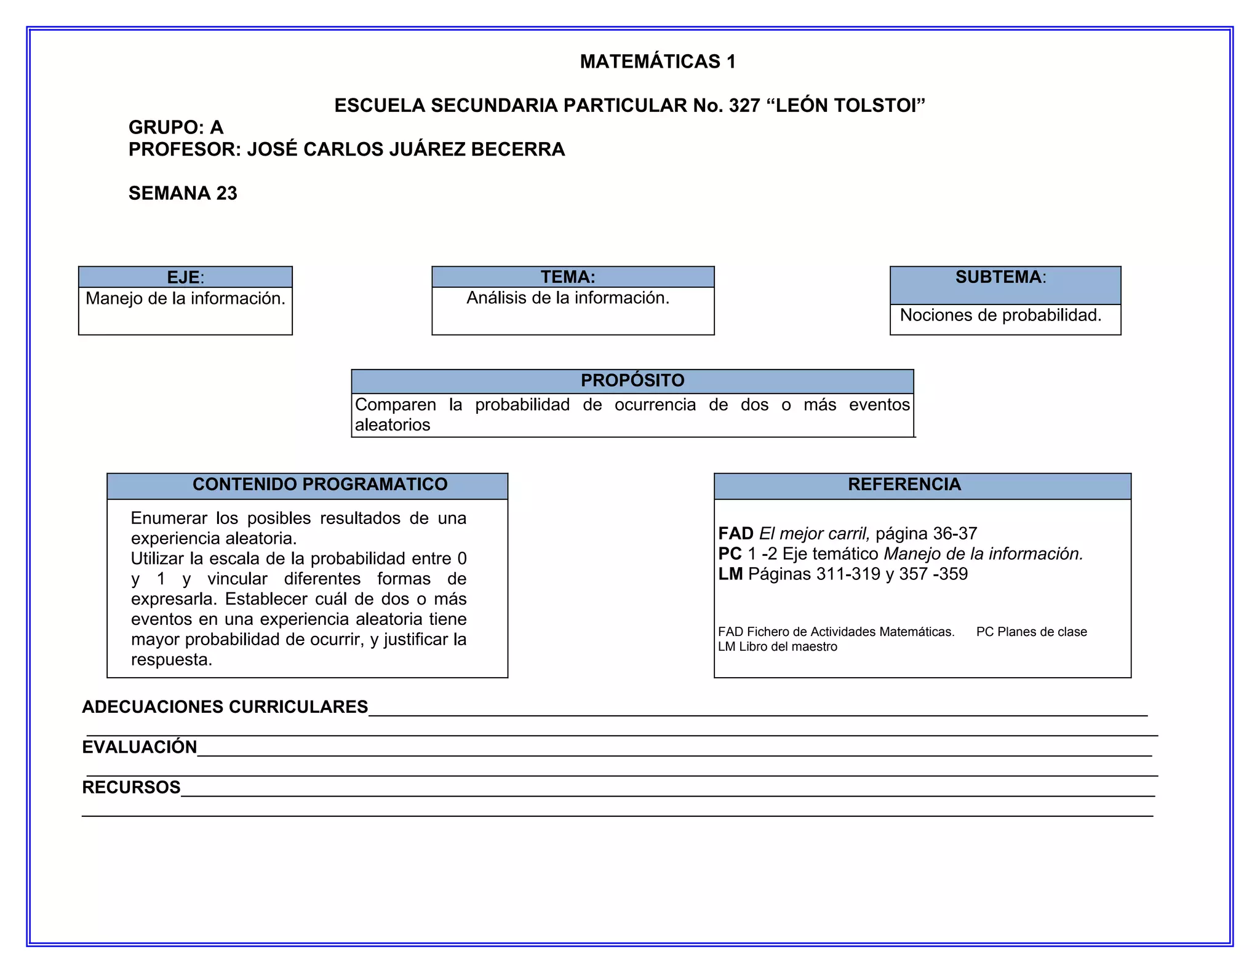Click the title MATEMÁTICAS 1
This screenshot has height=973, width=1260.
657,62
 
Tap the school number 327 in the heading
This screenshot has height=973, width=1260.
744,106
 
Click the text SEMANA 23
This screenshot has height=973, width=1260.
183,193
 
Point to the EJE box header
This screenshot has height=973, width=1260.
185,277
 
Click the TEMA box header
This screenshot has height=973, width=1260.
568,277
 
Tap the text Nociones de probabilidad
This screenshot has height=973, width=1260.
1000,316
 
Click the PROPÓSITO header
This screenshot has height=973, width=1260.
632,381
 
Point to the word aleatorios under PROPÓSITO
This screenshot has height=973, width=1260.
393,425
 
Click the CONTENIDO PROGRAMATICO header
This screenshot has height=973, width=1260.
320,485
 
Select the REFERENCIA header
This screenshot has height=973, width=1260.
904,485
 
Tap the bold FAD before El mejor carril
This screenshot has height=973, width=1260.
736,533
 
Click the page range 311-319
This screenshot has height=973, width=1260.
848,574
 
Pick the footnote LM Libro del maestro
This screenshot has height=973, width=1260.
777,647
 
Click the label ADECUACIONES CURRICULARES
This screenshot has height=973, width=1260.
225,707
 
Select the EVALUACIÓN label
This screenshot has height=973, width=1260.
140,747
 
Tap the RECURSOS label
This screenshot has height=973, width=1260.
131,788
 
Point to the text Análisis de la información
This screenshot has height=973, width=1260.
567,298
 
